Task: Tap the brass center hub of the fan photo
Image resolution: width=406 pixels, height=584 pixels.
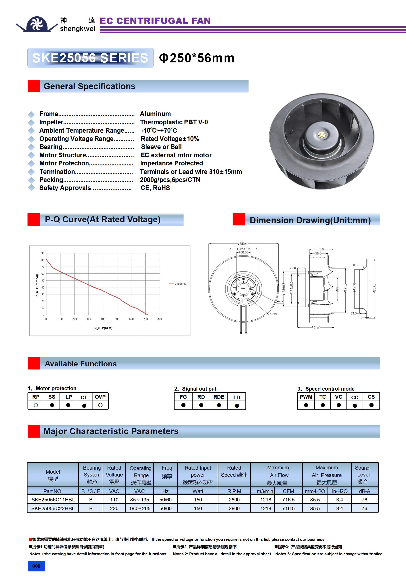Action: (x=322, y=134)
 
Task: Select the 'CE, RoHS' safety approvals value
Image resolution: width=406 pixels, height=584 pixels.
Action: (x=155, y=188)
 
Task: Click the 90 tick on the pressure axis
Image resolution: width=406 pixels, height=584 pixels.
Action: (x=43, y=253)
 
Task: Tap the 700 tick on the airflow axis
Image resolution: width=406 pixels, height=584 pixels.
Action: (x=145, y=319)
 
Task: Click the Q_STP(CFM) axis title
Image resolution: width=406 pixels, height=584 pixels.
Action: (x=103, y=328)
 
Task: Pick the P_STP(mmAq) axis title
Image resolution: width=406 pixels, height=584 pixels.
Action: (x=37, y=286)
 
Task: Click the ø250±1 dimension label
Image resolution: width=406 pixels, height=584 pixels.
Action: (x=243, y=244)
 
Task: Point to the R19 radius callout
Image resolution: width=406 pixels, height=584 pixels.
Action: (x=355, y=265)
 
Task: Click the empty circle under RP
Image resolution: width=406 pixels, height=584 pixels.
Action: (x=36, y=405)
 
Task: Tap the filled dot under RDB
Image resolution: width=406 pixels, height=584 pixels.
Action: (x=219, y=405)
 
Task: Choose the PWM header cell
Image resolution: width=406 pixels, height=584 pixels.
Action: (x=306, y=397)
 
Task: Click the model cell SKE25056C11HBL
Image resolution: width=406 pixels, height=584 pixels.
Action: (x=53, y=500)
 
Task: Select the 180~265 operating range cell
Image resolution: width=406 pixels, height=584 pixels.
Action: (x=140, y=509)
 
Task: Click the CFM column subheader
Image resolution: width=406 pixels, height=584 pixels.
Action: (x=288, y=491)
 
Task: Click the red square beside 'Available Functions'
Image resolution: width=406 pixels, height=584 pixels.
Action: (x=34, y=363)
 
